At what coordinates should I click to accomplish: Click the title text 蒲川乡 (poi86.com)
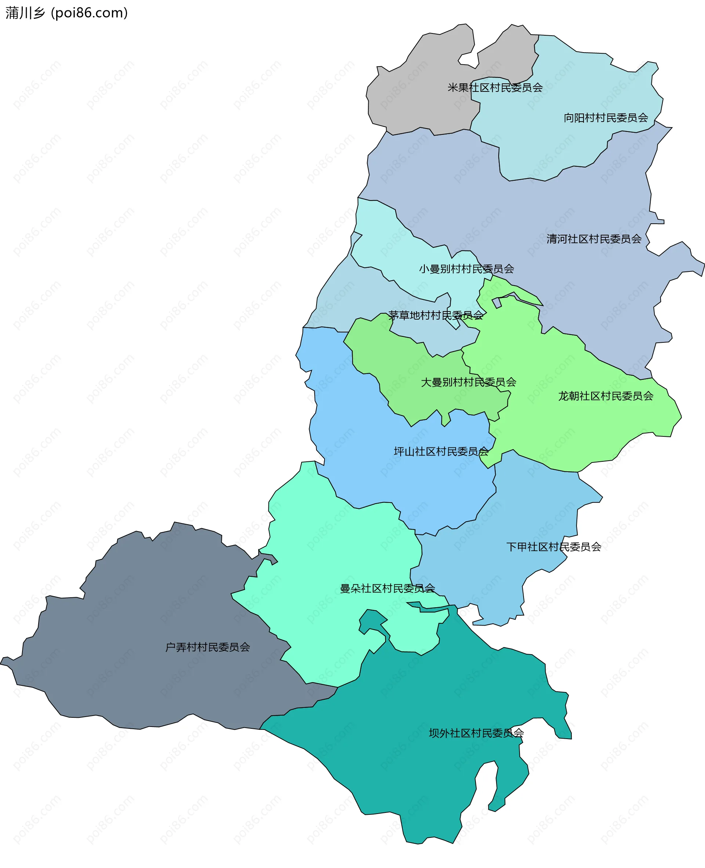[x=66, y=13]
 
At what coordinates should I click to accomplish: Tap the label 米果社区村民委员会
[x=495, y=88]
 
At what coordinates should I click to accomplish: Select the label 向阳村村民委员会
[x=605, y=118]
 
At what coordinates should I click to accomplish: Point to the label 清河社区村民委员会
[x=594, y=239]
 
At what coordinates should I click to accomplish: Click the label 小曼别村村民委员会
[x=466, y=269]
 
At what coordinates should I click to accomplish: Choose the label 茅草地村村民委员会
[x=435, y=315]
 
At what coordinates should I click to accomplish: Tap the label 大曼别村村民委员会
[x=468, y=382]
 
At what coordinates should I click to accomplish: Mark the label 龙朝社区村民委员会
[x=605, y=396]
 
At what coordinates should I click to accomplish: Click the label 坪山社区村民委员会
[x=441, y=452]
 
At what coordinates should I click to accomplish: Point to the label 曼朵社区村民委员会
[x=387, y=588]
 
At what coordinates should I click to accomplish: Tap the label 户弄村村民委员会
[x=207, y=647]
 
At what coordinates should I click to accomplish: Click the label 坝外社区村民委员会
[x=476, y=733]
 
